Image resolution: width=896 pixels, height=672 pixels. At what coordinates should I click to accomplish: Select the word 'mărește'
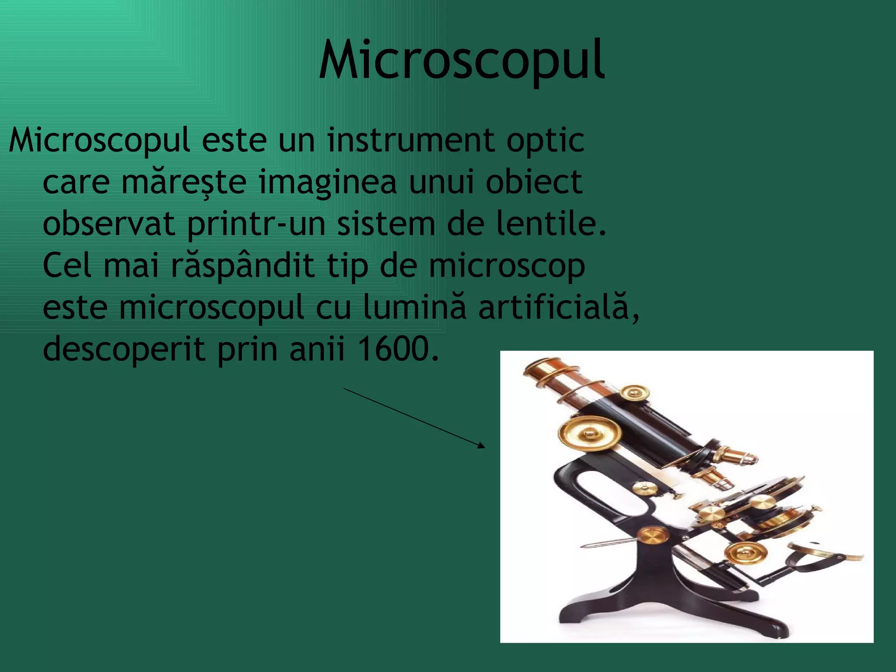click(x=184, y=182)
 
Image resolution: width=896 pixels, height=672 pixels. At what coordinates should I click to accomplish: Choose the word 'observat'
click(x=109, y=224)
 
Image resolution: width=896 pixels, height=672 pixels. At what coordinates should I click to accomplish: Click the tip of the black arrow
click(x=484, y=447)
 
